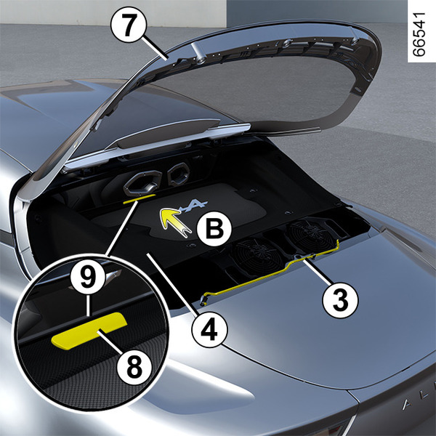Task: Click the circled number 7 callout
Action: tap(128, 25)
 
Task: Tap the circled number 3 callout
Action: tap(340, 300)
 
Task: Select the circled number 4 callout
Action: tap(210, 329)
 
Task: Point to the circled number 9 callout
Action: tap(88, 277)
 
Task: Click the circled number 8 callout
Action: tap(134, 368)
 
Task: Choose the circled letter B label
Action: tap(214, 229)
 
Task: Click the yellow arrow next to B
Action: tap(174, 222)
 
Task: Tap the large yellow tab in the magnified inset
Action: tap(89, 331)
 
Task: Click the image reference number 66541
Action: tap(419, 34)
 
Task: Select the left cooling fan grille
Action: tap(254, 257)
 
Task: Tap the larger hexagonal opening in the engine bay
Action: tap(142, 182)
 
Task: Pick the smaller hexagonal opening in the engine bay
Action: tap(179, 174)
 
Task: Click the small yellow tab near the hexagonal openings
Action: tap(139, 199)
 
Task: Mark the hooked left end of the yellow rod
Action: tap(203, 299)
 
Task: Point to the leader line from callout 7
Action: tap(155, 47)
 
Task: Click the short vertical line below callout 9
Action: tap(88, 305)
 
